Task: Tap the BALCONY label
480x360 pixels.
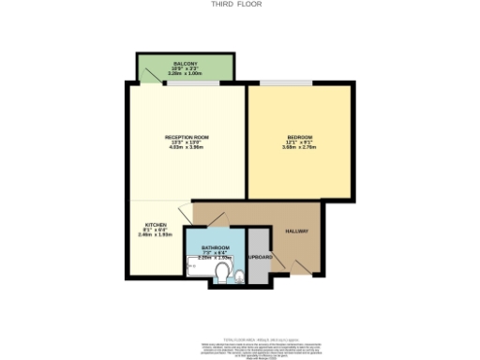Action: [x=185, y=64]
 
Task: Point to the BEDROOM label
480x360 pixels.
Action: [x=300, y=138]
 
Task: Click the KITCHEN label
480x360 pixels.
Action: [x=155, y=224]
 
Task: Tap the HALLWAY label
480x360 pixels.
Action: [x=297, y=231]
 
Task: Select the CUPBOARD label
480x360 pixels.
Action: [x=260, y=257]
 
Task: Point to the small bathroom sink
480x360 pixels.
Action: [x=239, y=275]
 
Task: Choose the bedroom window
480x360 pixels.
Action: [x=286, y=84]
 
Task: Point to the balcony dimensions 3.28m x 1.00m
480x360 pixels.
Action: [x=185, y=73]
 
